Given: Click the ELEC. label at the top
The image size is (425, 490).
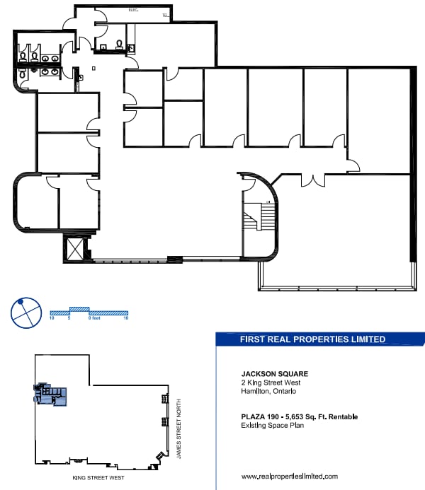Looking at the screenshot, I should [x=132, y=11].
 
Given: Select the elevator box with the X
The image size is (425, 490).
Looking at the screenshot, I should [x=74, y=248].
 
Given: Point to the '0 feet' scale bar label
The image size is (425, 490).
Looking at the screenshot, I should [x=94, y=319].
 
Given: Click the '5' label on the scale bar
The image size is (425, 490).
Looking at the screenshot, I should [x=69, y=319].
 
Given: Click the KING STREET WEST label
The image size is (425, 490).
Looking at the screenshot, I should [x=95, y=478].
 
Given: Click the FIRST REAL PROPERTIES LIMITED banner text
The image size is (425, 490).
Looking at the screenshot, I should [x=312, y=339].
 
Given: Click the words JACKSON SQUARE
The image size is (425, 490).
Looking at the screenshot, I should [x=275, y=373].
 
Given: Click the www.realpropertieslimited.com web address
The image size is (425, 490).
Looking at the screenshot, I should [x=290, y=477].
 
